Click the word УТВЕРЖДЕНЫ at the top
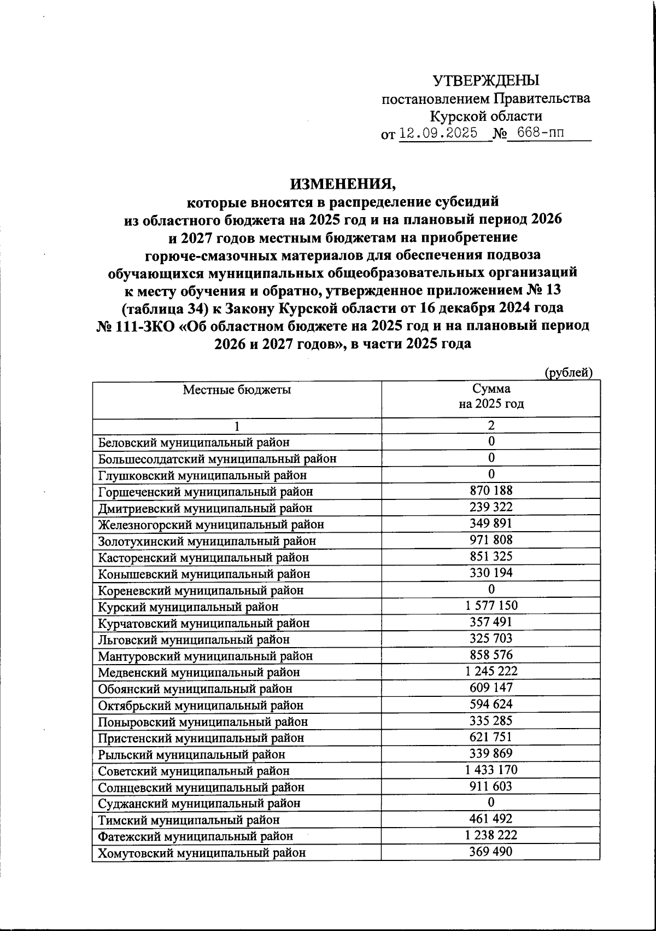(486, 81)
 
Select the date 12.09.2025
(438, 133)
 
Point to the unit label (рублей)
(569, 373)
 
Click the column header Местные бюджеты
(237, 389)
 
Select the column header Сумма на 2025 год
(491, 397)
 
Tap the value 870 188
(491, 490)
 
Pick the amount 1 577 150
(491, 606)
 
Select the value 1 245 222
(491, 671)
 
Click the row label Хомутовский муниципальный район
(202, 853)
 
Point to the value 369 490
(491, 852)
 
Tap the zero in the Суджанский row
(491, 802)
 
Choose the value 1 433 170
(491, 770)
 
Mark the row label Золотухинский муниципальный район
(207, 541)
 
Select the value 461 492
(491, 819)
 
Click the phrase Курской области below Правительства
(486, 116)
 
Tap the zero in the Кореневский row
(491, 589)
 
